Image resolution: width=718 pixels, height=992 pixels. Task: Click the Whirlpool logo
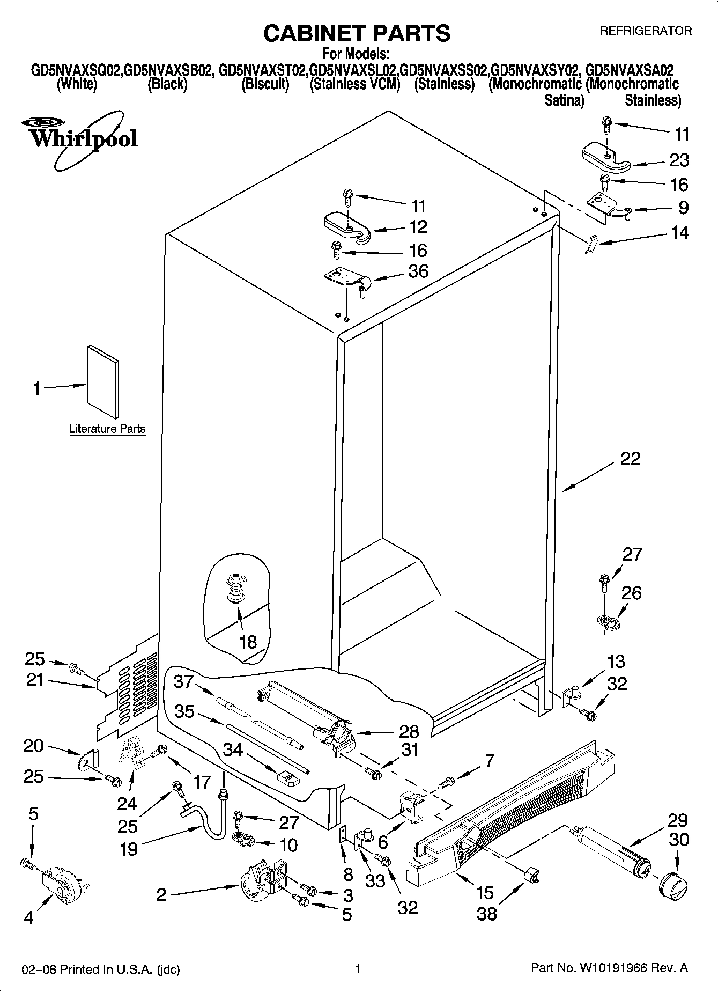tap(80, 138)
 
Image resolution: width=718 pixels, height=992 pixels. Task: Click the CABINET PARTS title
tap(357, 33)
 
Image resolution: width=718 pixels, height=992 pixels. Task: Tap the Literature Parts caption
tap(107, 429)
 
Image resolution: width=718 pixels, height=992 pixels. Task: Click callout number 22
tap(630, 459)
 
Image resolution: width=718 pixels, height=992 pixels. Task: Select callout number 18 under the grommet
tap(248, 642)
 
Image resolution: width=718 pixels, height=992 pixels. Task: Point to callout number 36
tap(418, 271)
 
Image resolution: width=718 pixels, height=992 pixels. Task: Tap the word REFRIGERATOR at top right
tap(645, 31)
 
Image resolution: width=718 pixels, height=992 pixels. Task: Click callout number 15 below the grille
tap(484, 893)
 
